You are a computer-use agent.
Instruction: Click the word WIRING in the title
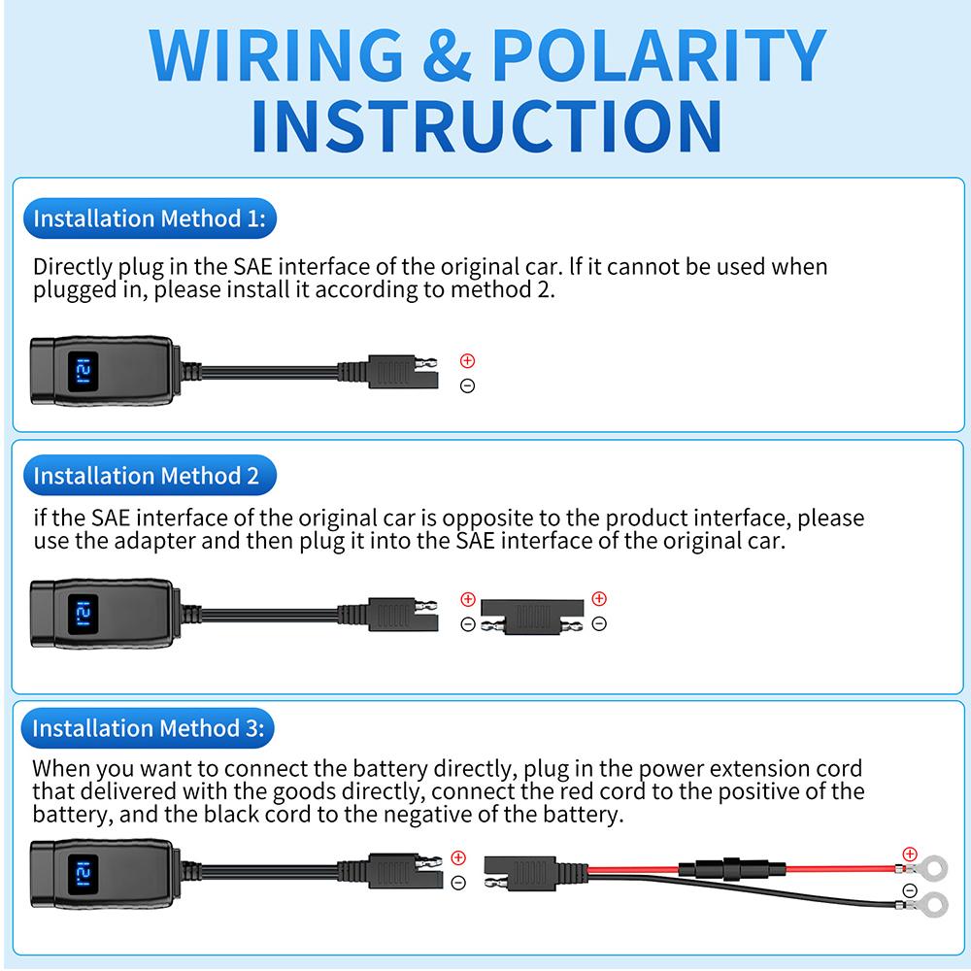pos(277,55)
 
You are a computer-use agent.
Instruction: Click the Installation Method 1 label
pos(149,218)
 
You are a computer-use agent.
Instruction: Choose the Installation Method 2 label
pos(147,476)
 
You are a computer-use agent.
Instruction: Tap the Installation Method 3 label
pos(148,727)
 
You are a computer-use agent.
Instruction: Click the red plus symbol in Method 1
pos(467,361)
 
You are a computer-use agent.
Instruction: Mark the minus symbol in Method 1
pos(467,386)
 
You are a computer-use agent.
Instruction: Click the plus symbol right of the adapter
pos(599,599)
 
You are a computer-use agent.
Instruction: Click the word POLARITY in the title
pos(657,55)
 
